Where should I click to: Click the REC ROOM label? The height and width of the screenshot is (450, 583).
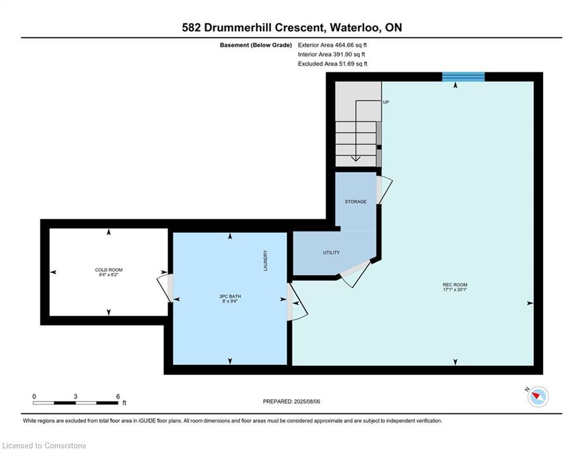pyautogui.click(x=455, y=285)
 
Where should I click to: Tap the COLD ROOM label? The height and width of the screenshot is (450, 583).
pyautogui.click(x=108, y=270)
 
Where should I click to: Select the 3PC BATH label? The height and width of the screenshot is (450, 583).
pyautogui.click(x=230, y=296)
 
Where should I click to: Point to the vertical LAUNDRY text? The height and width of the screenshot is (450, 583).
pyautogui.click(x=265, y=260)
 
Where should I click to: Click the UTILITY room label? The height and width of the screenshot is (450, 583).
pyautogui.click(x=331, y=253)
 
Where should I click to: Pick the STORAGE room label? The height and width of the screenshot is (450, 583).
pyautogui.click(x=356, y=202)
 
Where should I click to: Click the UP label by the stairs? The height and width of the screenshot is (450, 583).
pyautogui.click(x=386, y=102)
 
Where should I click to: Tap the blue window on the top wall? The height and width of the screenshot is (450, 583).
pyautogui.click(x=463, y=77)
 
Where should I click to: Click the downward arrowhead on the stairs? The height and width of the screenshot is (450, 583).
pyautogui.click(x=356, y=159)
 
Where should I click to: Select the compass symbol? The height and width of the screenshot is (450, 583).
pyautogui.click(x=538, y=397)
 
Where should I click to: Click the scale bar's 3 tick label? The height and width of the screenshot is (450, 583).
pyautogui.click(x=76, y=397)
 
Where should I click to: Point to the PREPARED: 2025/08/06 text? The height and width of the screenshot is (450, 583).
pyautogui.click(x=292, y=401)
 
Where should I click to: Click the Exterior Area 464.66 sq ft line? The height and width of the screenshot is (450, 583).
pyautogui.click(x=332, y=45)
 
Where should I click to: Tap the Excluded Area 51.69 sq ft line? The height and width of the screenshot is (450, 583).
pyautogui.click(x=333, y=64)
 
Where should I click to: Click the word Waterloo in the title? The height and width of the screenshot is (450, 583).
pyautogui.click(x=355, y=28)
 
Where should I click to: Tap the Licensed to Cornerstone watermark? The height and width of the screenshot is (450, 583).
pyautogui.click(x=45, y=445)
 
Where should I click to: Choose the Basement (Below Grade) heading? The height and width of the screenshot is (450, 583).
pyautogui.click(x=256, y=45)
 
